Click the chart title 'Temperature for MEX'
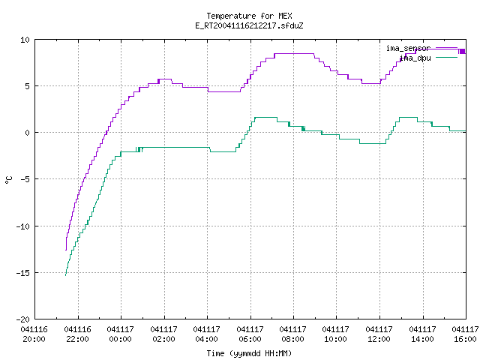(x=249, y=16)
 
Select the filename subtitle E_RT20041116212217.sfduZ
(x=249, y=25)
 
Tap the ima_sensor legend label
(x=409, y=48)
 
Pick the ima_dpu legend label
(x=415, y=58)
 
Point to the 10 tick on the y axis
(x=25, y=40)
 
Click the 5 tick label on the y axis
(x=28, y=86)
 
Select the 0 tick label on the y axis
(x=28, y=133)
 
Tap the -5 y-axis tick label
(x=23, y=179)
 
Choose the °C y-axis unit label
(x=8, y=180)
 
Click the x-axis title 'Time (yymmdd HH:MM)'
(x=249, y=353)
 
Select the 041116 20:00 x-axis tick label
(x=34, y=334)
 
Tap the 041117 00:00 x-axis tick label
(x=120, y=334)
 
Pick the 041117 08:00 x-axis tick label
(x=293, y=334)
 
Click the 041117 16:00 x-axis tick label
(x=465, y=334)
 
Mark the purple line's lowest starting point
(x=66, y=250)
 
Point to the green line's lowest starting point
(x=65, y=275)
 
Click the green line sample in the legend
(x=446, y=57)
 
